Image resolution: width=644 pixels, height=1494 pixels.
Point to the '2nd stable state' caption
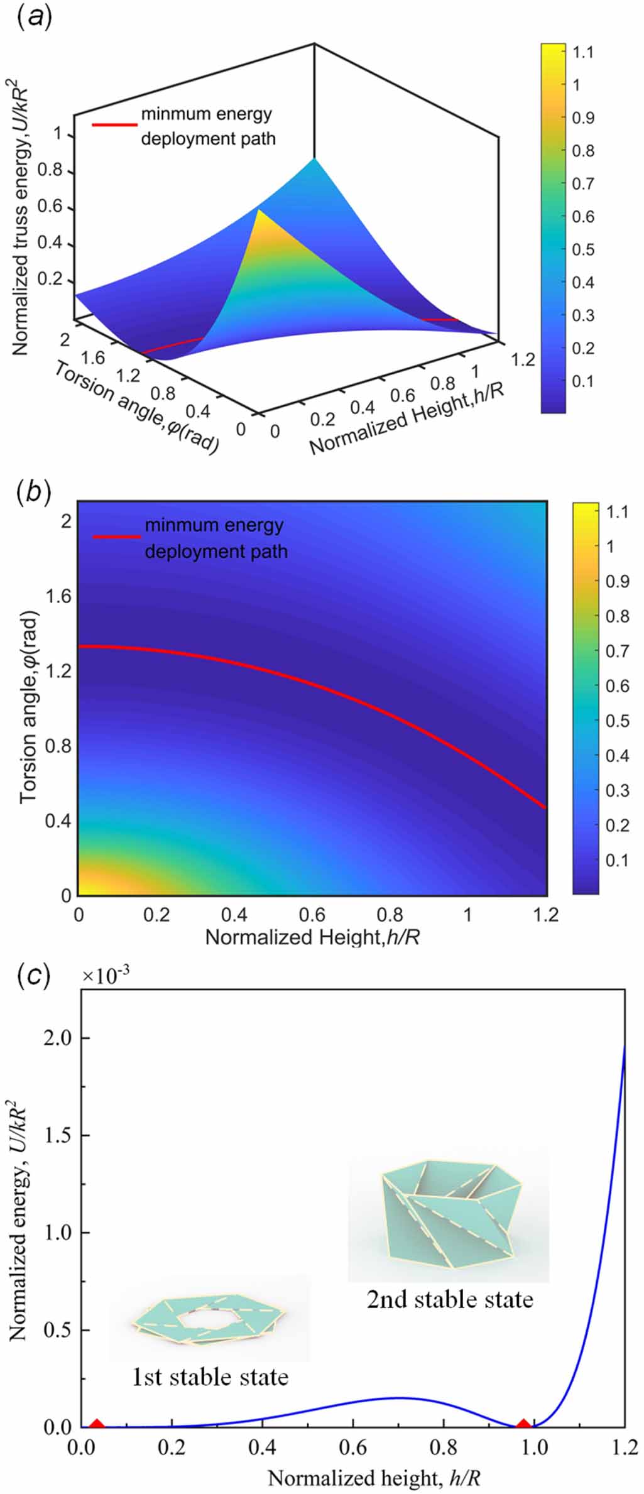[x=450, y=1299]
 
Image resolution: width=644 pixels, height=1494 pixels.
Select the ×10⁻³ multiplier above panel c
[x=107, y=976]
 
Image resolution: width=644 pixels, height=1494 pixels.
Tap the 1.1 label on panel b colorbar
[x=617, y=512]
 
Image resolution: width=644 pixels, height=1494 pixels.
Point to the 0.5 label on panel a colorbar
[x=584, y=249]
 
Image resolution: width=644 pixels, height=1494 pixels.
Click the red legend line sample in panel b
[x=116, y=537]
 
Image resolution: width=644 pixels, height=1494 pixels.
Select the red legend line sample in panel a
[x=114, y=124]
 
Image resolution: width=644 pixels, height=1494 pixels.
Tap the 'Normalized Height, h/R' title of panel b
[x=312, y=937]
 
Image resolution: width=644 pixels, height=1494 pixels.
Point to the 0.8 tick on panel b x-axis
[x=390, y=914]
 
